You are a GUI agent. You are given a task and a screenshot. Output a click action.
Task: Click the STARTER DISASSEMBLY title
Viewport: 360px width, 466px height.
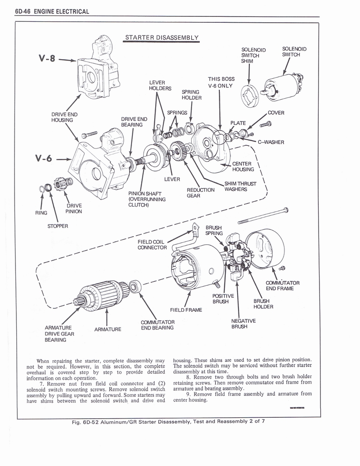pos(162,37)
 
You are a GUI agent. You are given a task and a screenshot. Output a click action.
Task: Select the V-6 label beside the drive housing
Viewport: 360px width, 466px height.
pos(43,159)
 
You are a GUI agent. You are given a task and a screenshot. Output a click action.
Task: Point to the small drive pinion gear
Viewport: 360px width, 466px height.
pos(60,184)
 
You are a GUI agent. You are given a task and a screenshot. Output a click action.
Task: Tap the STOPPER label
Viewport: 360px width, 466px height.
pos(57,226)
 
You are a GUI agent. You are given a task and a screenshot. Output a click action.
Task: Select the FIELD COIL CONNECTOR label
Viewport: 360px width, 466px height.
pos(152,244)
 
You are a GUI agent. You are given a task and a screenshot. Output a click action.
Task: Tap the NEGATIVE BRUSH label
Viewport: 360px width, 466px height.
pos(243,323)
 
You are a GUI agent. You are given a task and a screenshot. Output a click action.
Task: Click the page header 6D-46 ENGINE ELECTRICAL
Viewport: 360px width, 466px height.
pos(51,11)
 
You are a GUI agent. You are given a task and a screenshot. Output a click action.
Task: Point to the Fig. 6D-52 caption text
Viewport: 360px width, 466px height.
pos(168,421)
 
